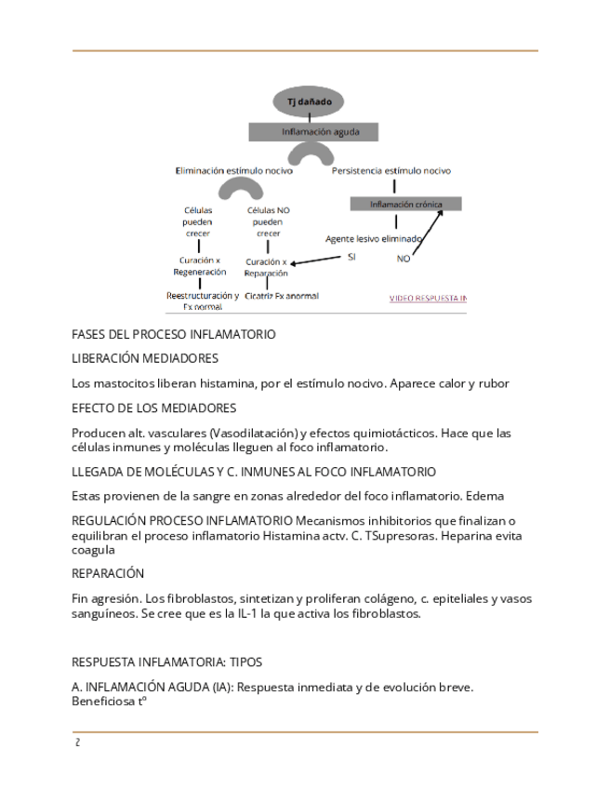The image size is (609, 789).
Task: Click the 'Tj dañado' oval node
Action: pyautogui.click(x=309, y=101)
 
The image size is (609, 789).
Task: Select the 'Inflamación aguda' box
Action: pyautogui.click(x=312, y=132)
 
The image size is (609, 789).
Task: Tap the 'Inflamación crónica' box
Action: pyautogui.click(x=405, y=204)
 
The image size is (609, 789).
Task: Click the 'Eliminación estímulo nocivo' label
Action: pyautogui.click(x=233, y=171)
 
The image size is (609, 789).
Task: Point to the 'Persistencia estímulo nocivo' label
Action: pyautogui.click(x=391, y=171)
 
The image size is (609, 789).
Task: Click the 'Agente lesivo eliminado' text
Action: pyautogui.click(x=373, y=238)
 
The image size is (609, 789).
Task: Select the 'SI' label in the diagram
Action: pyautogui.click(x=351, y=256)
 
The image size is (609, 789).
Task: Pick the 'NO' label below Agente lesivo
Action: pyautogui.click(x=403, y=259)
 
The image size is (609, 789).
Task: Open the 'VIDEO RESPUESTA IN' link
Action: pyautogui.click(x=427, y=299)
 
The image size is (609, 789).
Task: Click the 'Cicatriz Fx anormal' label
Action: pyautogui.click(x=281, y=296)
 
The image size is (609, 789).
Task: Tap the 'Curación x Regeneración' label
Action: pyautogui.click(x=199, y=266)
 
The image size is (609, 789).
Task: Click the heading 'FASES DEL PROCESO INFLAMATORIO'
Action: pyautogui.click(x=173, y=334)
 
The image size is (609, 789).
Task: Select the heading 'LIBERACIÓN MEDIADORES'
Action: pyautogui.click(x=145, y=358)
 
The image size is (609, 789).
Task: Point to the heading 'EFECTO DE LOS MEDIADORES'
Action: pyautogui.click(x=153, y=408)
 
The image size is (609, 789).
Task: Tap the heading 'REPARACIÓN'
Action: pyautogui.click(x=108, y=573)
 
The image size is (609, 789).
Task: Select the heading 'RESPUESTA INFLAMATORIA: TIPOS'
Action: pyautogui.click(x=166, y=662)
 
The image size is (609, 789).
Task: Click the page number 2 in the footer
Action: pyautogui.click(x=77, y=742)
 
